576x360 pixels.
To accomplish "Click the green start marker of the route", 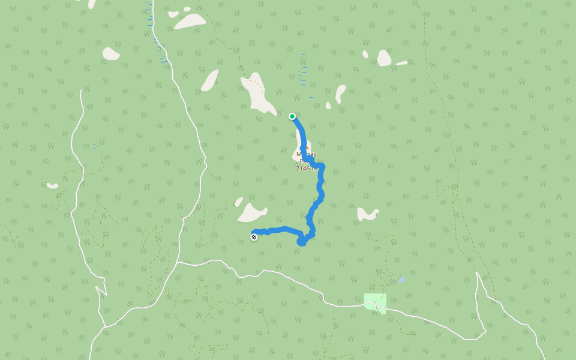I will click(x=292, y=116).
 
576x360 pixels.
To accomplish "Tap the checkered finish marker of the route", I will click(x=254, y=237).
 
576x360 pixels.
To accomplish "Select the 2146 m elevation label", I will click(x=305, y=169).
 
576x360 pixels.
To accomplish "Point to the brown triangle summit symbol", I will click(x=307, y=146).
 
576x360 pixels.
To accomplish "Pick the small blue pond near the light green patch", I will click(x=401, y=280).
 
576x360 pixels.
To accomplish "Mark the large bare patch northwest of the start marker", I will click(x=258, y=94).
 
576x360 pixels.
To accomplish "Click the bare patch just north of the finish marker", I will click(x=251, y=212).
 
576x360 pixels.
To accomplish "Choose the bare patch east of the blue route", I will click(x=367, y=214).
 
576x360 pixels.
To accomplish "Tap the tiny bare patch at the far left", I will click(x=53, y=185).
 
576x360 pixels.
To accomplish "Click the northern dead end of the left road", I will click(x=80, y=91).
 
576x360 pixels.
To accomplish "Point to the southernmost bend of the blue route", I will click(x=302, y=242).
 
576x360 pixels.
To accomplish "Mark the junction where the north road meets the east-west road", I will click(x=178, y=262).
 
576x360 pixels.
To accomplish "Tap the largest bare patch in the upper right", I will click(x=384, y=58).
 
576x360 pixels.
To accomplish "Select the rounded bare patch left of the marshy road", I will click(x=110, y=54).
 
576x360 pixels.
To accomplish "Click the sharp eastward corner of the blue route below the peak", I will click(x=322, y=166).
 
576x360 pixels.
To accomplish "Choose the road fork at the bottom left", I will click(x=106, y=328).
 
